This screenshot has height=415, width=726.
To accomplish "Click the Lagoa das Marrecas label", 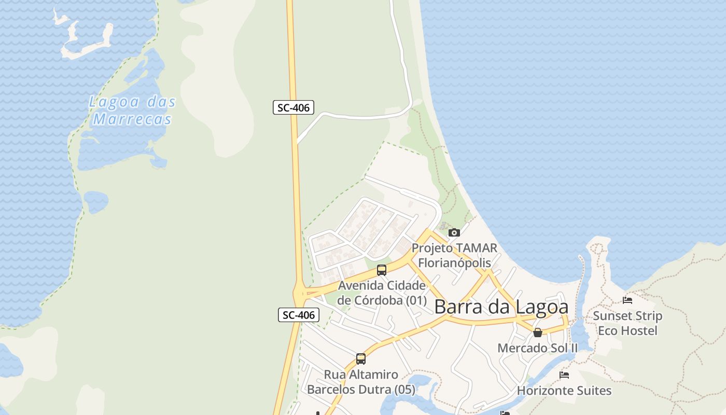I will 132,110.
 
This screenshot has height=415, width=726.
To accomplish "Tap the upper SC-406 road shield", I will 294,108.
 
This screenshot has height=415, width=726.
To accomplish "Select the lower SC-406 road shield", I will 298,315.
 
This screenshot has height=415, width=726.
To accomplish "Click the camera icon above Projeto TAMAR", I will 454,232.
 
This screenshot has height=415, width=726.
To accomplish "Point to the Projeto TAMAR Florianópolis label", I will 454,255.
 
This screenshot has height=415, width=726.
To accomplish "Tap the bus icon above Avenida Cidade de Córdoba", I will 382,270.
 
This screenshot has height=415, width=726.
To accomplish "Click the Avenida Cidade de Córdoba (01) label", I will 382,293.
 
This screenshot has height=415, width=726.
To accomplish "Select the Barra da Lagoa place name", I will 501,307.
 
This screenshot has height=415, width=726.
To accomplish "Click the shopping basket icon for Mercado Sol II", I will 538,332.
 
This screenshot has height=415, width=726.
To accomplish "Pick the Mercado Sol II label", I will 537,348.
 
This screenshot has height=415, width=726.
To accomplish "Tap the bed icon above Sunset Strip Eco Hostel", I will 627,300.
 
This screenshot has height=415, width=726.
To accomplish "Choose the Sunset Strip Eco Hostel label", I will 627,323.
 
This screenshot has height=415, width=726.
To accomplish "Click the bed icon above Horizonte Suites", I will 564,375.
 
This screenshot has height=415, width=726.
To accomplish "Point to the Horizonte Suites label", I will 564,390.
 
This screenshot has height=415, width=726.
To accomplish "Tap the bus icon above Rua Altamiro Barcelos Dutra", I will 361,358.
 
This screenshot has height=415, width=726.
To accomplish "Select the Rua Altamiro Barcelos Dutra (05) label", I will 361,382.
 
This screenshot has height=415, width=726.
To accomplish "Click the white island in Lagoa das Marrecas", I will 86,44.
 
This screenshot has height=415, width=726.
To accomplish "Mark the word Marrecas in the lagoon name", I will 132,119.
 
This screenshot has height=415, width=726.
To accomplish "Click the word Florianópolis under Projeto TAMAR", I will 454,262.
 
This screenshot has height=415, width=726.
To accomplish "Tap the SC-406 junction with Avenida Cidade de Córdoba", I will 300,294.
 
